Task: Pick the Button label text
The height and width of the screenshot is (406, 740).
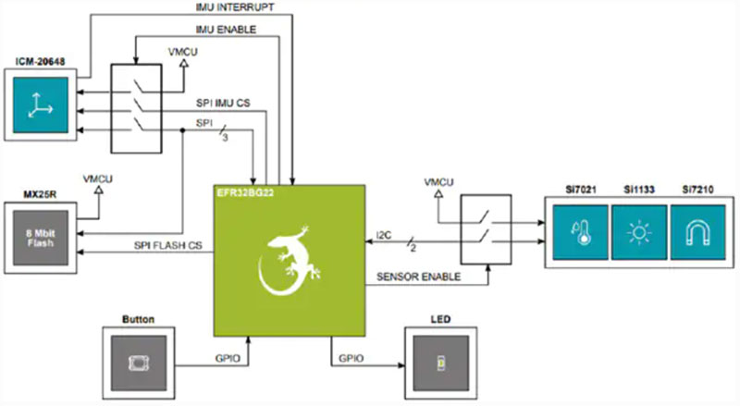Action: click(x=138, y=319)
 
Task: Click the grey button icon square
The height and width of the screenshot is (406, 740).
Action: click(x=137, y=361)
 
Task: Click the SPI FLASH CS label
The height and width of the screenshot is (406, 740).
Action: click(x=168, y=245)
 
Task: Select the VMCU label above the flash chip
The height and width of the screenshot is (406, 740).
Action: click(x=98, y=178)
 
